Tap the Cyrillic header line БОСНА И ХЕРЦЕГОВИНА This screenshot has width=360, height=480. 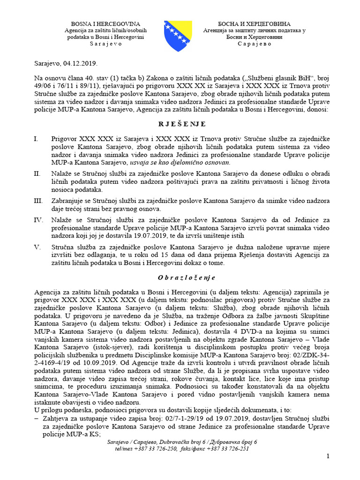tap(255, 24)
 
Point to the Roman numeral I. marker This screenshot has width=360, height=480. tap(37, 140)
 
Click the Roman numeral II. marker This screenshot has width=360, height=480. tap(38, 174)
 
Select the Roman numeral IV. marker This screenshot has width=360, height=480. tap(39, 219)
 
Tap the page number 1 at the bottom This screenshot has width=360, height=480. tap(328, 457)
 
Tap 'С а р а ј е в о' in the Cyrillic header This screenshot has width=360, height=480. tap(255, 44)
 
